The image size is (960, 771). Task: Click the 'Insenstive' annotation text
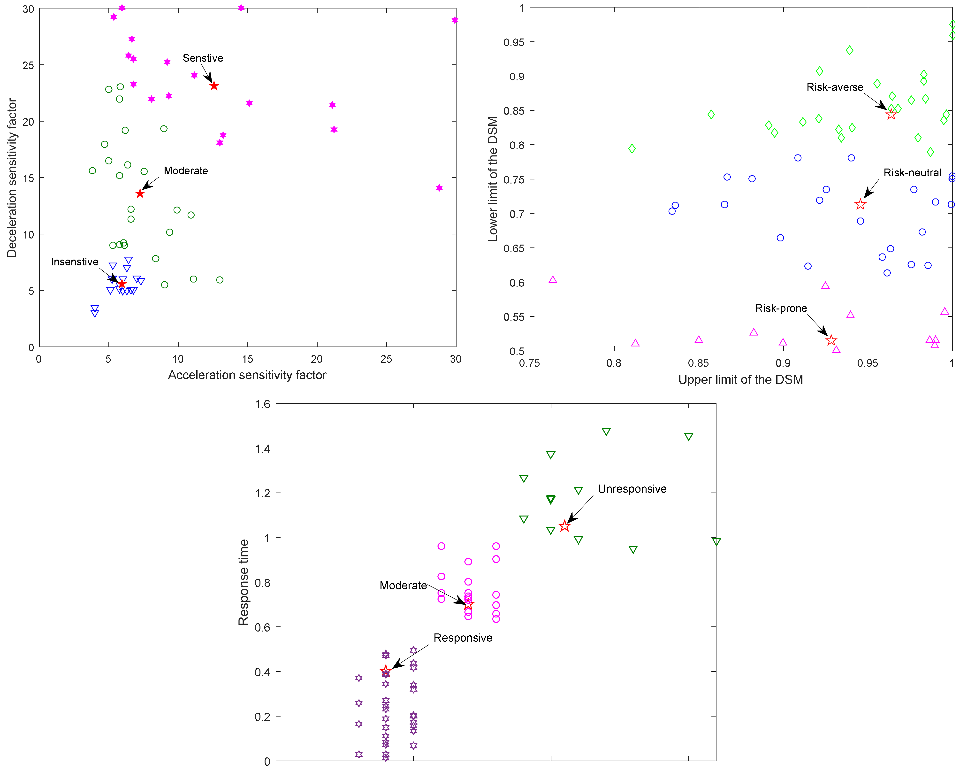[x=74, y=262]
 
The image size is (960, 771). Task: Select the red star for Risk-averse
[x=891, y=115]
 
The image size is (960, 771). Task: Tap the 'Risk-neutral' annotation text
[x=912, y=173]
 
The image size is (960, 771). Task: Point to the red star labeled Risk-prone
[x=831, y=340]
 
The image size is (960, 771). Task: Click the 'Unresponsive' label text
[x=632, y=489]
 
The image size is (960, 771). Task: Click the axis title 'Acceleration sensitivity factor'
[x=247, y=375]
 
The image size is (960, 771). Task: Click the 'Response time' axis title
[x=244, y=582]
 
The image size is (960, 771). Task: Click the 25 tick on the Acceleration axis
[x=386, y=359]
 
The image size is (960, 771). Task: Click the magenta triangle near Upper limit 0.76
[x=553, y=280]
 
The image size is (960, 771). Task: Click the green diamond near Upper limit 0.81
[x=632, y=148]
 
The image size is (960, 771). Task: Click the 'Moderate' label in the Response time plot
[x=403, y=585]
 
